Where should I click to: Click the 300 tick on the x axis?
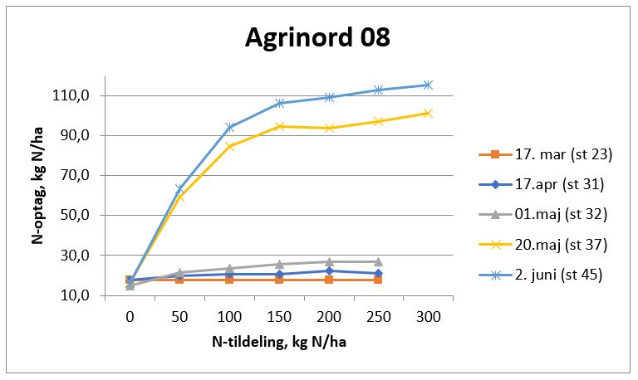[428, 317]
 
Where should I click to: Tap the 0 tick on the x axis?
[130, 317]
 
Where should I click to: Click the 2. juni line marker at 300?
[428, 85]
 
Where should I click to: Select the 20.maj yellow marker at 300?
[428, 113]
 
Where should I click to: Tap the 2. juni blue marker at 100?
[229, 127]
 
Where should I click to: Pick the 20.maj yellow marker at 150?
[279, 126]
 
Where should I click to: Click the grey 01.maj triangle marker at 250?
[378, 261]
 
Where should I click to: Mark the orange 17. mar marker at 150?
[279, 280]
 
